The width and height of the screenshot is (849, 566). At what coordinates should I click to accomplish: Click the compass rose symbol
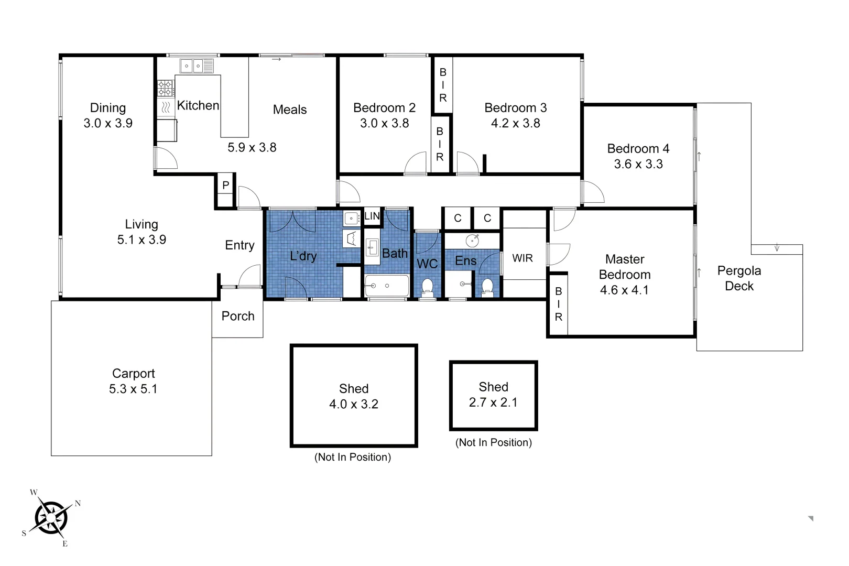51,518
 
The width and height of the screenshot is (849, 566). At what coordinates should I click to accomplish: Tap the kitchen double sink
192,66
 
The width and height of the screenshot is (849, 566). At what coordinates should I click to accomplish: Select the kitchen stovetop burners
166,88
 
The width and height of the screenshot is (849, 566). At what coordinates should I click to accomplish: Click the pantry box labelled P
225,185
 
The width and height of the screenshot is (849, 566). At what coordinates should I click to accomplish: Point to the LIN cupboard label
372,216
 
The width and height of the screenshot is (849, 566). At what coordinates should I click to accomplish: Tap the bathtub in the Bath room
387,286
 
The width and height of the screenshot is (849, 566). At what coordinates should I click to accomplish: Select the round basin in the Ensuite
473,241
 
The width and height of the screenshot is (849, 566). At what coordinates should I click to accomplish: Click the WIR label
523,258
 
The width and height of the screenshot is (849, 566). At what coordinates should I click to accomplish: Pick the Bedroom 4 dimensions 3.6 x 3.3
638,164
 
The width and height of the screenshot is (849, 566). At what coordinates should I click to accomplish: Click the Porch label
238,316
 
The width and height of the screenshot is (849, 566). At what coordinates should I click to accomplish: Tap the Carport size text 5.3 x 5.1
133,389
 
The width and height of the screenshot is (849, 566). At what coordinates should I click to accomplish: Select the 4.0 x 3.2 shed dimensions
354,404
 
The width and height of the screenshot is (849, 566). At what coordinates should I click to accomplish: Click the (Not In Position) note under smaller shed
493,442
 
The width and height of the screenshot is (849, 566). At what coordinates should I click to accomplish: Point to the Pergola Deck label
739,278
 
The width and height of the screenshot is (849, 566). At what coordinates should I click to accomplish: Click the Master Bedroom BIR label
559,304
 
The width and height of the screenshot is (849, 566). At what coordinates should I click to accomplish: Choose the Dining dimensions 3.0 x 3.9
108,123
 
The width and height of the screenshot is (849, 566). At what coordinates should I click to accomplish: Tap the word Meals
290,110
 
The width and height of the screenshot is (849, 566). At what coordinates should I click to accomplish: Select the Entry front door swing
251,277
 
